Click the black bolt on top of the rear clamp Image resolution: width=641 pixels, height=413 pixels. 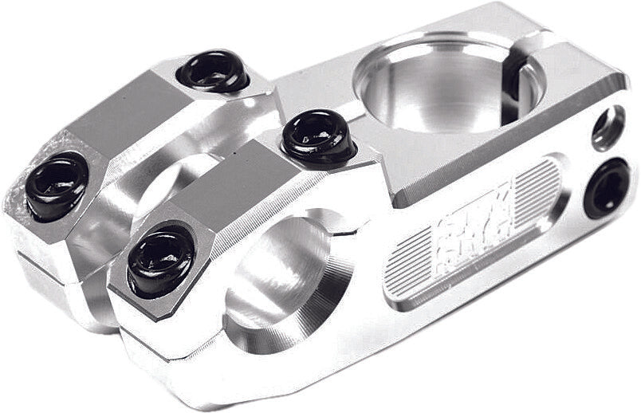[213, 71]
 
